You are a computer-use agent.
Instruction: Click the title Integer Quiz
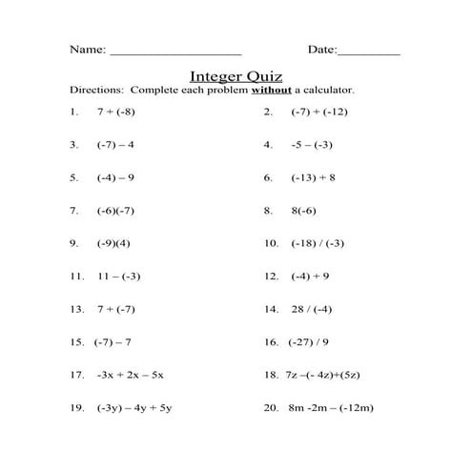pos(236,74)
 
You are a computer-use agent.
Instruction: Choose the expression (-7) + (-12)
pos(319,112)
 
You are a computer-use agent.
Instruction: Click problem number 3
pos(73,145)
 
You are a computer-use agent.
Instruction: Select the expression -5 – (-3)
pos(312,145)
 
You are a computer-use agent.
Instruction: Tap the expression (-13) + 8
pos(314,177)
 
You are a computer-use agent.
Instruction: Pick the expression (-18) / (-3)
pos(318,243)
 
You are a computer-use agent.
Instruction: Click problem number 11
pos(77,276)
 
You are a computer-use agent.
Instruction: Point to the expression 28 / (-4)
pos(312,309)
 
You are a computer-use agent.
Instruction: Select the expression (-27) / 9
pos(309,341)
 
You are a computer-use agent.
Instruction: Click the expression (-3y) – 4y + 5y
pos(134,407)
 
